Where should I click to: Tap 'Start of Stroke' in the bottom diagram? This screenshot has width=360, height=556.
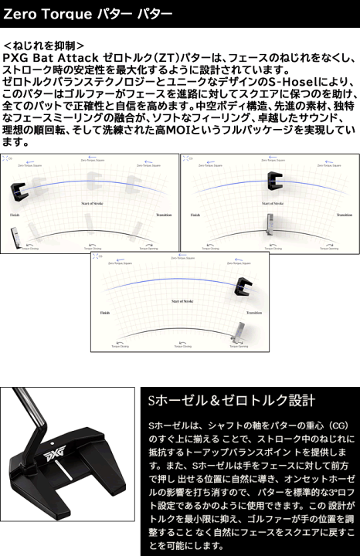click(179, 298)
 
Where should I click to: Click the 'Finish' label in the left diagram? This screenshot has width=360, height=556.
click(15, 215)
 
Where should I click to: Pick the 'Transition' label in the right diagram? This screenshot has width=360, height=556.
click(341, 215)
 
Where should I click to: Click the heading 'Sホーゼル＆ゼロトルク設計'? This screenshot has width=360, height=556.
click(231, 400)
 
